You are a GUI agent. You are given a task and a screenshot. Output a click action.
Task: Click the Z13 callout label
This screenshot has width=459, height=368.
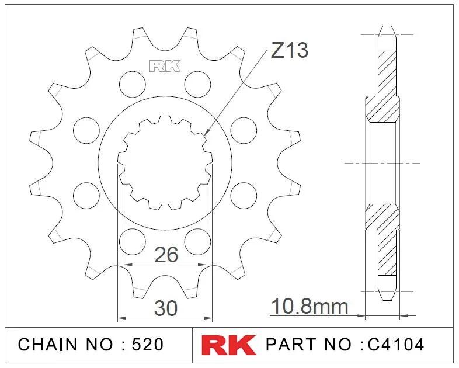pyautogui.click(x=290, y=50)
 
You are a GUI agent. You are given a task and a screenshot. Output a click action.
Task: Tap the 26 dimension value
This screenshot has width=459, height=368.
pyautogui.click(x=166, y=255)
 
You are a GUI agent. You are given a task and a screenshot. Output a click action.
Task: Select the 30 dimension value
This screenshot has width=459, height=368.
pyautogui.click(x=166, y=308)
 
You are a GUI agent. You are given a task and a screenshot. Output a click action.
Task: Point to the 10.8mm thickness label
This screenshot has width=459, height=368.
pyautogui.click(x=310, y=306)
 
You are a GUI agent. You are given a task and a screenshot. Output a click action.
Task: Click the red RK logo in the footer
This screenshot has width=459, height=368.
pyautogui.click(x=228, y=345)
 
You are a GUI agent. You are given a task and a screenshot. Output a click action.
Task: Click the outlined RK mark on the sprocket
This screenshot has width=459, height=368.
pyautogui.click(x=165, y=66)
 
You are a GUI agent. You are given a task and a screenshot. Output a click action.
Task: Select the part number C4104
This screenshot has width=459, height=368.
pyautogui.click(x=396, y=344)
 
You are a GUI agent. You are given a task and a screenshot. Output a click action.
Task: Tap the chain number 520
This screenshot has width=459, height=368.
pyautogui.click(x=148, y=344)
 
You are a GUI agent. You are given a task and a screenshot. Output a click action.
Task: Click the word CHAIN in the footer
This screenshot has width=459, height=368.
pyautogui.click(x=48, y=344)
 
